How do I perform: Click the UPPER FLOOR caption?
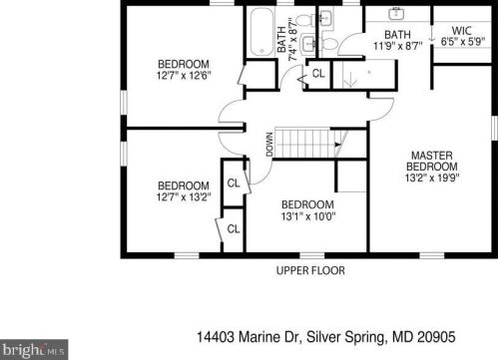coord(310,270)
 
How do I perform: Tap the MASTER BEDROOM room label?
coord(432,161)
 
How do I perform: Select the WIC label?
coord(462,31)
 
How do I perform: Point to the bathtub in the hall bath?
coord(261,32)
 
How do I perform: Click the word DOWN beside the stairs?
coord(269,145)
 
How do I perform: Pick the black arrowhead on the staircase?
coord(338,145)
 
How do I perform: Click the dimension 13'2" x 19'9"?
coord(432,178)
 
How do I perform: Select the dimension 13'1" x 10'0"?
coord(308,216)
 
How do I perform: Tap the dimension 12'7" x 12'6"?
coord(184,75)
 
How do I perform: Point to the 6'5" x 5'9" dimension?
coord(463,42)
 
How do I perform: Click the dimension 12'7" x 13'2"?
coord(184,196)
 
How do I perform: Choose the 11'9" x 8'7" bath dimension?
coord(397,46)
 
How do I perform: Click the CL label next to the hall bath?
coord(318,74)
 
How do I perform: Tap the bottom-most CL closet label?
coord(234,228)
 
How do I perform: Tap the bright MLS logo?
coord(34,350)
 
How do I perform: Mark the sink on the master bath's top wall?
coord(396,14)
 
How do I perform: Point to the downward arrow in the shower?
coord(350,80)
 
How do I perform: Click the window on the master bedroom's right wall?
coord(495,127)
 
